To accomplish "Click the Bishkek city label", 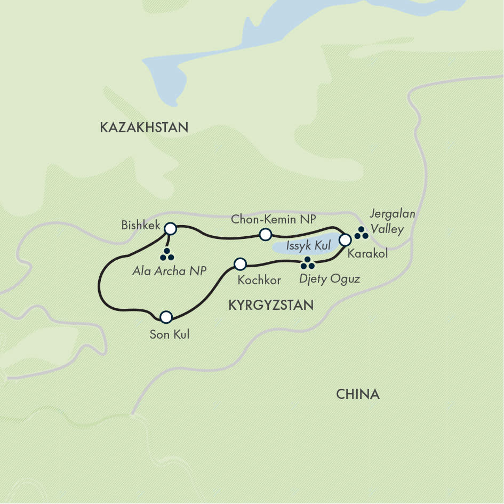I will tap(141, 225).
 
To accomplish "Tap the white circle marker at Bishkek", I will tap(170, 229).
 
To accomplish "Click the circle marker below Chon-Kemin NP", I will tap(265, 234).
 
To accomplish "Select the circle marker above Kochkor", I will tap(241, 263).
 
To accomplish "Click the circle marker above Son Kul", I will tap(166, 317).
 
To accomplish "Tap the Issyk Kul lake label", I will tap(308, 246).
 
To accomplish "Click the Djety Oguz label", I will tap(329, 278).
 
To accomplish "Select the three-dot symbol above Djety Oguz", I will tap(308, 263).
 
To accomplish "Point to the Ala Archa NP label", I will tap(169, 271).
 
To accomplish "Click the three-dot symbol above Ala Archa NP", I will tap(167, 255).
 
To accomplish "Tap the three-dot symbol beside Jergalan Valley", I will tap(362, 232).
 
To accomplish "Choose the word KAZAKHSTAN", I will tap(144, 127).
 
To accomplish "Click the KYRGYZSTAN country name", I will tap(270, 305).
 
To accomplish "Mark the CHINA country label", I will tap(357, 394).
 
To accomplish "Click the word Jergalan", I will tap(392, 214).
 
